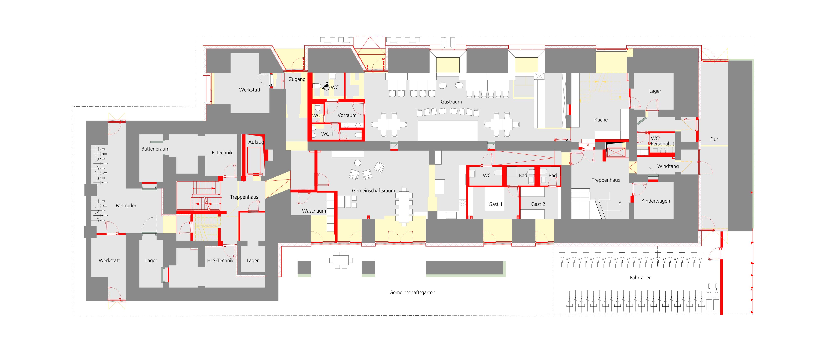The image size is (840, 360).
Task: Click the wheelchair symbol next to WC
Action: coord(326,86)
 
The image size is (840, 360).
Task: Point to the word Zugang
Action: coord(297,79)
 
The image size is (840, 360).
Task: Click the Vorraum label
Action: coord(347,115)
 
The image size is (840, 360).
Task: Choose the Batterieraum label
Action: coord(155,149)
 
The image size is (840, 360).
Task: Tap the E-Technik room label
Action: coord(222,153)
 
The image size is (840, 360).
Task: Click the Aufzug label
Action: coord(256,142)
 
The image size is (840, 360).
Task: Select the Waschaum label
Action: coord(314,211)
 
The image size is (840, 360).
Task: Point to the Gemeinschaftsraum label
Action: coord(373,190)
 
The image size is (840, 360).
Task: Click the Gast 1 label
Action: coord(495,204)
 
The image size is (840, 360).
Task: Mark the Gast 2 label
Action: coord(538,204)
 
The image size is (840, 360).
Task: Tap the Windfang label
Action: coord(668,166)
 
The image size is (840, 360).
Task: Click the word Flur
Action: coord(714,139)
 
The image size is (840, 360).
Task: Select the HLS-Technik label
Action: coord(220,260)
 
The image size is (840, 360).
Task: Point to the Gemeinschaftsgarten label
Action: coord(412,292)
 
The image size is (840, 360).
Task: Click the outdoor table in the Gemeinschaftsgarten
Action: coord(341,260)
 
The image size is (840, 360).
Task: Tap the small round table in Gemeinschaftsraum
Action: coord(358,163)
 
